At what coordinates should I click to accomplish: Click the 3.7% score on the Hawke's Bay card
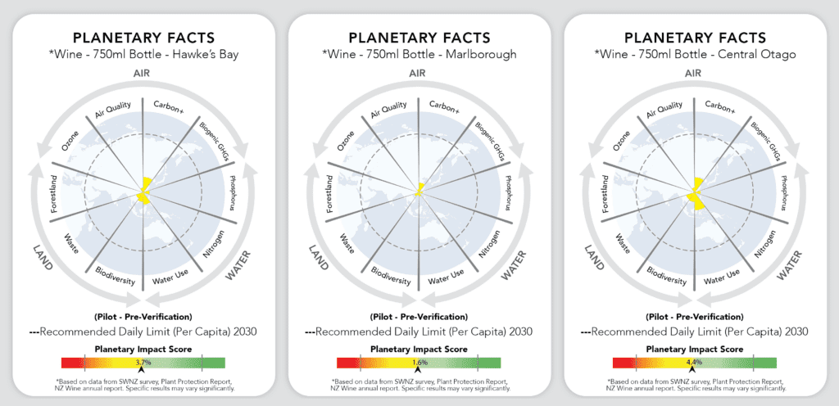[x=143, y=362]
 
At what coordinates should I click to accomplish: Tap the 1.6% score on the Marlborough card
[x=419, y=362]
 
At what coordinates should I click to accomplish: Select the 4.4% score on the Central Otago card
[x=695, y=362]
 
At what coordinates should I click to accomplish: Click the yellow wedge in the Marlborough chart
[x=419, y=190]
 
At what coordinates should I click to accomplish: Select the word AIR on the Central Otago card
[x=695, y=73]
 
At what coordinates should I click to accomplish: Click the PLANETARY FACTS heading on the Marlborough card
[x=419, y=38]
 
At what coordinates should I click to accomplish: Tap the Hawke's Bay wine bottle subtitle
[x=143, y=55]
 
